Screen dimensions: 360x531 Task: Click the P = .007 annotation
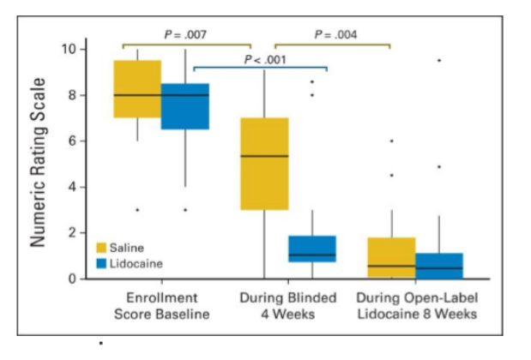(x=186, y=34)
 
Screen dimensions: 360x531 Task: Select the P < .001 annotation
(x=264, y=59)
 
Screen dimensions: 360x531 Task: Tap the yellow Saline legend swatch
(x=101, y=248)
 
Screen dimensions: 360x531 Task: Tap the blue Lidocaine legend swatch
(x=101, y=264)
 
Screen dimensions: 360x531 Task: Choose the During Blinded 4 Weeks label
(x=287, y=306)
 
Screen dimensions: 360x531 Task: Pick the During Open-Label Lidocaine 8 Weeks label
(x=414, y=306)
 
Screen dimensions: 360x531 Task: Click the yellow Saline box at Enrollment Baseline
(x=138, y=88)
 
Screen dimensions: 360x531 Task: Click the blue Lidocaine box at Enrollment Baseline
(x=185, y=105)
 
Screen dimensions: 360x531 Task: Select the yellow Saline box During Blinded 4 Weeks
(x=263, y=163)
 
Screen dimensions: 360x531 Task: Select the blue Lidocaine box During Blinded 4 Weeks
(x=311, y=249)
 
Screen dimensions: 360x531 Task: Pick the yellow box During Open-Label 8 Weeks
(x=391, y=258)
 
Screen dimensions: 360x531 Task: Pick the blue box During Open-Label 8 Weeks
(x=439, y=266)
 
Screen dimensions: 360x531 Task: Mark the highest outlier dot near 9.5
(x=439, y=60)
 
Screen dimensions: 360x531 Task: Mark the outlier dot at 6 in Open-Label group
(x=391, y=141)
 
